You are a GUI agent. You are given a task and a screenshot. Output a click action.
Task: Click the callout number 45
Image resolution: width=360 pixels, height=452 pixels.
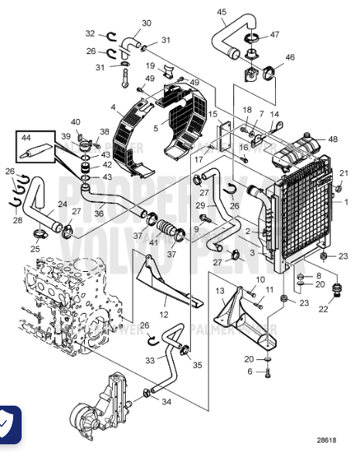pyautogui.click(x=222, y=12)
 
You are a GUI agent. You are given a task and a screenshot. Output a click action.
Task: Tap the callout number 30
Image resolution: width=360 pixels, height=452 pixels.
pyautogui.click(x=147, y=23)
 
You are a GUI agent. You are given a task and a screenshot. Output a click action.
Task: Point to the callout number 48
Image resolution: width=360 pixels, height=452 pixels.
pyautogui.click(x=333, y=140)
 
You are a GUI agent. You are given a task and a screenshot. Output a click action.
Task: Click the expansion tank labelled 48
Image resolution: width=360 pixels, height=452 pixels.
pyautogui.click(x=297, y=148)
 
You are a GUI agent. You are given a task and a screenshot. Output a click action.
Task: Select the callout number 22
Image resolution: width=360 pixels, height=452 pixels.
pyautogui.click(x=323, y=309)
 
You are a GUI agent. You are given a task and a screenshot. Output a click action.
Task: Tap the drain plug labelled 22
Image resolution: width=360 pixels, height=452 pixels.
pyautogui.click(x=336, y=291)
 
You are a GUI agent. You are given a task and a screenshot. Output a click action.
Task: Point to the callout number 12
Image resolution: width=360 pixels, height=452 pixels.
pyautogui.click(x=164, y=314)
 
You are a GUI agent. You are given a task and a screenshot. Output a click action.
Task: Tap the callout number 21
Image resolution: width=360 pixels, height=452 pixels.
pyautogui.click(x=344, y=172)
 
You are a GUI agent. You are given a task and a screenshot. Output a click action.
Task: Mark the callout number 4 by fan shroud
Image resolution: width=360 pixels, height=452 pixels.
pyautogui.click(x=113, y=107)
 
